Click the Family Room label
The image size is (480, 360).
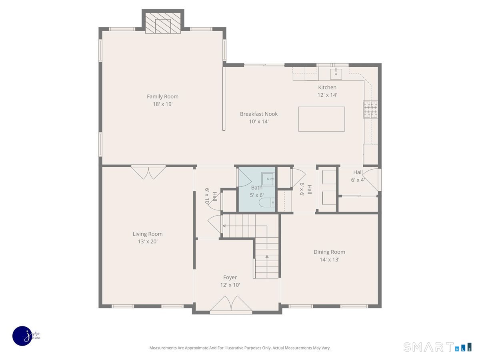coord(162,96)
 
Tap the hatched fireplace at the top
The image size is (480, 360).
coord(163,23)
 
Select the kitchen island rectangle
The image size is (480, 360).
coord(322,119)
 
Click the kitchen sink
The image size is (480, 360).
coord(336,74)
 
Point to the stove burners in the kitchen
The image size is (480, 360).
coord(370,109)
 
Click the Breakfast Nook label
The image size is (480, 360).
coord(259,114)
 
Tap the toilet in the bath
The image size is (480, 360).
coord(267,202)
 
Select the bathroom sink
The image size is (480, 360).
coord(268,179)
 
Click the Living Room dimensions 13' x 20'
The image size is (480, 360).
coord(148,242)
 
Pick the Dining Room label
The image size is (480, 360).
coord(329,252)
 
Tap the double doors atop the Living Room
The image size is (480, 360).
coord(148,173)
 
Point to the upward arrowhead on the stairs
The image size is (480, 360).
coord(267,256)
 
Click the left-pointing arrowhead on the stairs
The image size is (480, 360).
coord(224,226)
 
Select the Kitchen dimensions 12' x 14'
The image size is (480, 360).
coord(327,95)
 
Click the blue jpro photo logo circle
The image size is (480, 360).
coord(22,336)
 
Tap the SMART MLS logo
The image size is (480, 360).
coord(437,347)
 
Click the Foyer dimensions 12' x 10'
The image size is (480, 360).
coord(230,285)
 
